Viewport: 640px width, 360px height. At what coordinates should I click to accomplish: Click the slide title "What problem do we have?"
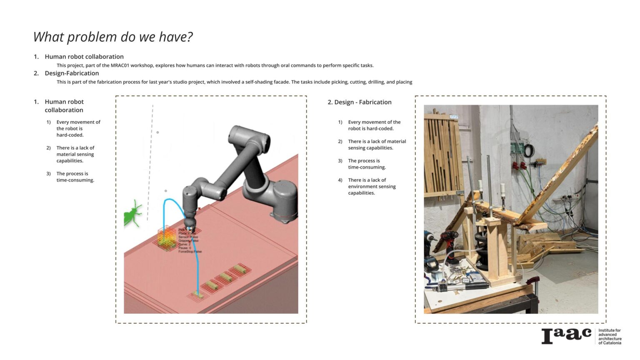(113, 37)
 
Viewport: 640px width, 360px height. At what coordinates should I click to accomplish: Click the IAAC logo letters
(566, 335)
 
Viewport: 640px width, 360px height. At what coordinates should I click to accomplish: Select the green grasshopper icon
(133, 213)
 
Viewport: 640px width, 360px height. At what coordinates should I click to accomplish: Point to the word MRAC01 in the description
(120, 65)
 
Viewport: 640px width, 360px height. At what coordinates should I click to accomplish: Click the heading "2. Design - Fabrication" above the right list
(360, 102)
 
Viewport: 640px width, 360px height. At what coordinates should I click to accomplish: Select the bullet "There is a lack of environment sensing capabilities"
(372, 187)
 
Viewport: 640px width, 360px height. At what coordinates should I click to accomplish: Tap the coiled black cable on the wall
(529, 150)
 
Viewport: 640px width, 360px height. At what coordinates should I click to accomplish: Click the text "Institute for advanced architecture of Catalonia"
(610, 336)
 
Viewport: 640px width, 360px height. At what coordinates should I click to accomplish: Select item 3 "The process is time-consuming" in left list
(75, 177)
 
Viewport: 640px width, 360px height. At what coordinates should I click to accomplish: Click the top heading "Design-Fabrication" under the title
(72, 73)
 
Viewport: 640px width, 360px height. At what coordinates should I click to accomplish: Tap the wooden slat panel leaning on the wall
(442, 154)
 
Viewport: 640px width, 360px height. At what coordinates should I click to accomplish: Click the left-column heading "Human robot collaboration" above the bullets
(64, 106)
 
